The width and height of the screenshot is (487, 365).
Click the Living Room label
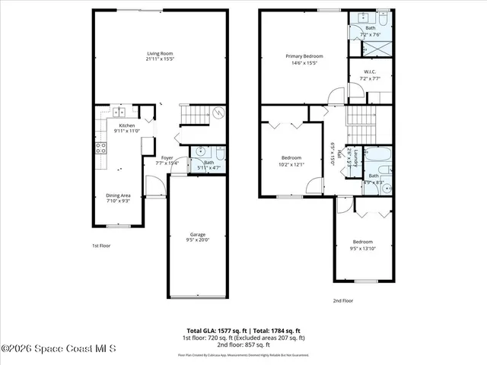coord(160,53)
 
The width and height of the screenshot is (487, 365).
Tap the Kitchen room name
coord(126,125)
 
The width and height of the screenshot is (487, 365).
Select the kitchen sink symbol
coord(119,113)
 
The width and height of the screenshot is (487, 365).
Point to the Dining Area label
coord(118,195)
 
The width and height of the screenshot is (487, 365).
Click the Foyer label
coord(167,157)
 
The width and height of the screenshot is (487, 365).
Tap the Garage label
coord(197,234)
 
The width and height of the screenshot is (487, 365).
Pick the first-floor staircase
coord(194,116)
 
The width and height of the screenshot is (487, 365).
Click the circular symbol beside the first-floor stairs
coord(218,115)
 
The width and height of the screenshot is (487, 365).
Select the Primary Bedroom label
coord(304,56)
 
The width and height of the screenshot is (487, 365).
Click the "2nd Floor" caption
coord(342,300)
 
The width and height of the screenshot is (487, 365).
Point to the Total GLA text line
coord(243,331)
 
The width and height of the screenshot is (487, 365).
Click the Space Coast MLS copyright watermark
coord(59,349)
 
